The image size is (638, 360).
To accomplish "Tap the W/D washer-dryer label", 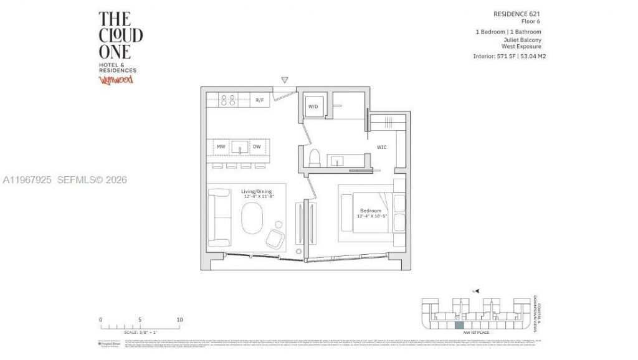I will tap(313, 107).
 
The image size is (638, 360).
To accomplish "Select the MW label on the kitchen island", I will tap(221, 147).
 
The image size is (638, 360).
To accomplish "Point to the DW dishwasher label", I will tap(257, 147).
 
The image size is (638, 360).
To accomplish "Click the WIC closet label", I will tap(382, 147).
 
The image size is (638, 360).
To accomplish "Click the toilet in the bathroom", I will tap(315, 156).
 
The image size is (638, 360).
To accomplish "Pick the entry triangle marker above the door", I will tap(285, 80).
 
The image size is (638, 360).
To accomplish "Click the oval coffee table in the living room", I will tap(252, 220).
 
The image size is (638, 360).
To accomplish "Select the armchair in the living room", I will tap(275, 237).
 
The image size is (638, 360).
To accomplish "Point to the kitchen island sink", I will tap(239, 148).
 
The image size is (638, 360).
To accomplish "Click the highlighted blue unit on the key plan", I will tap(459, 325).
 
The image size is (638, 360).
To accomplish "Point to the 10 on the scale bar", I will tap(179, 320).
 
